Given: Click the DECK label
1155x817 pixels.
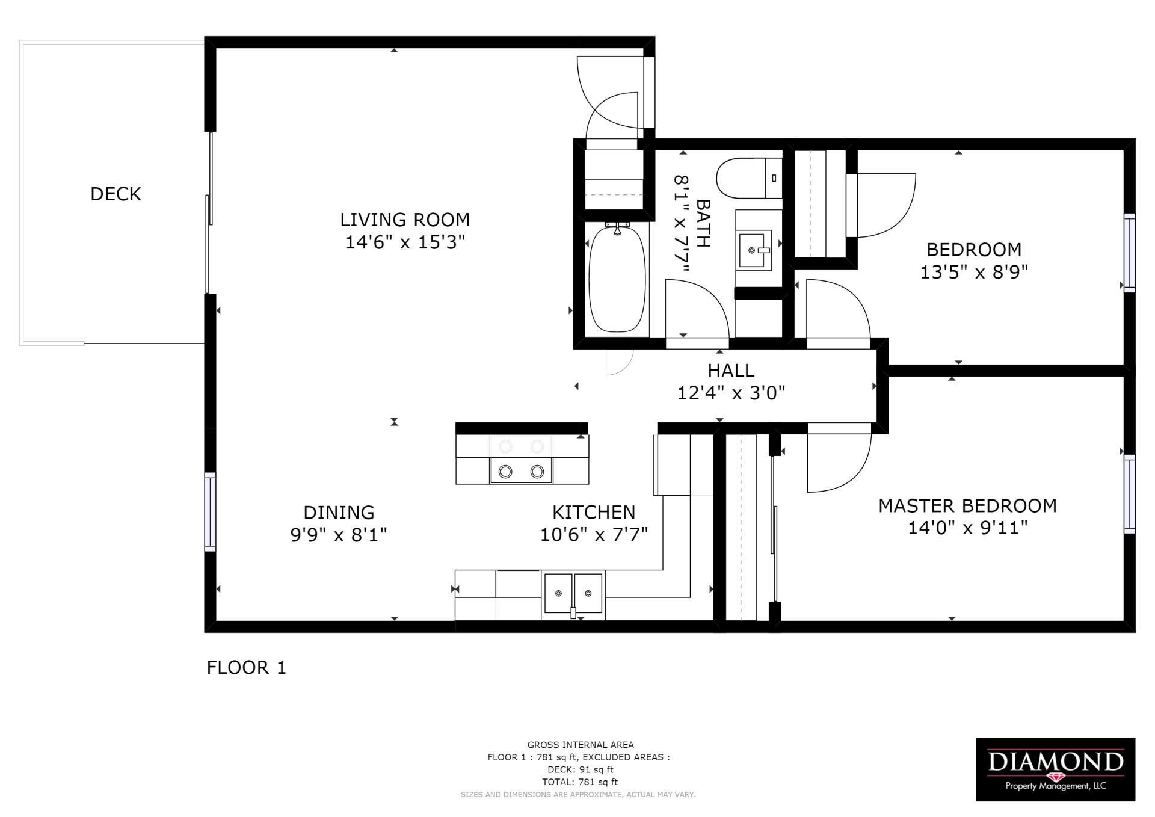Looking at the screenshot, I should [x=115, y=194].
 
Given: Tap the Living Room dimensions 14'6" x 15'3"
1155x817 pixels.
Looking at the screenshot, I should [x=405, y=242].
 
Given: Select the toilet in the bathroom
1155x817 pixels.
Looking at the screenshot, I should [x=748, y=178].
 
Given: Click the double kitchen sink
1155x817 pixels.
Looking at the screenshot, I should [x=573, y=594].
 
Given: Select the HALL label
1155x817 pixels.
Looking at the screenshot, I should [x=731, y=370].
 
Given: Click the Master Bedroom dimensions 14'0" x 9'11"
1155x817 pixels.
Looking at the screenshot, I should [x=967, y=528].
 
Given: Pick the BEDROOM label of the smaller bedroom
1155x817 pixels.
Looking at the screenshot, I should [x=973, y=249].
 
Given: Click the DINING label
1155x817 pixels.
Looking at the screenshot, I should [x=339, y=512].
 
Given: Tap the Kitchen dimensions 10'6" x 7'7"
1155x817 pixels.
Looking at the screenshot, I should [x=594, y=534].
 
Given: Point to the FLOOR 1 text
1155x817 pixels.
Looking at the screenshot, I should [x=246, y=667].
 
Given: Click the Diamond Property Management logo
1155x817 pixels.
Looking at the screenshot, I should [x=1055, y=769].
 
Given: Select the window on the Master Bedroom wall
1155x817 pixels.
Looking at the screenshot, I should [x=1129, y=493].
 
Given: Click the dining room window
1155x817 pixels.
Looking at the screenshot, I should [x=210, y=511].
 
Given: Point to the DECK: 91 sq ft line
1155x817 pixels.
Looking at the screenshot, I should [x=580, y=769].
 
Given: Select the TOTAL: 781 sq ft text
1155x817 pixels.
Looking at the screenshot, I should [x=580, y=782].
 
